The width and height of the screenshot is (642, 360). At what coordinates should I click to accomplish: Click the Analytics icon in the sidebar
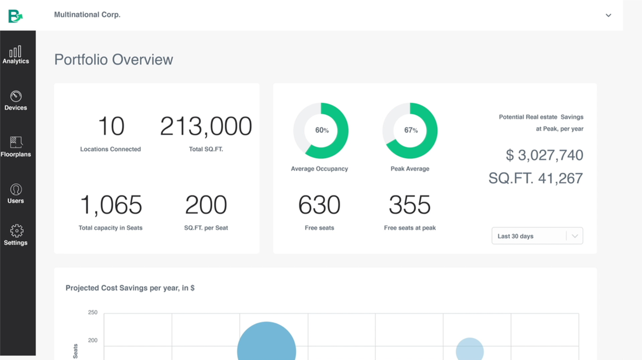pyautogui.click(x=16, y=52)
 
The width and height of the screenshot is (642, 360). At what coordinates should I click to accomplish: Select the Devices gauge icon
pyautogui.click(x=16, y=96)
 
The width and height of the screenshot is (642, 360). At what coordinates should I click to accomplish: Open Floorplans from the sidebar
pyautogui.click(x=16, y=143)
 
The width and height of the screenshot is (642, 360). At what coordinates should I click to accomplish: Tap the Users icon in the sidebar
pyautogui.click(x=16, y=190)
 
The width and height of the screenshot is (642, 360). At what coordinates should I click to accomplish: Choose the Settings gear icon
pyautogui.click(x=16, y=231)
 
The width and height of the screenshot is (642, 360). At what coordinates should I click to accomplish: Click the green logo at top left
pyautogui.click(x=15, y=16)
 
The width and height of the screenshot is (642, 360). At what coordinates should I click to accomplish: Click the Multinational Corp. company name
pyautogui.click(x=87, y=15)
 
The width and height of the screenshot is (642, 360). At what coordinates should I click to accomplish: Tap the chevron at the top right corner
pyautogui.click(x=608, y=15)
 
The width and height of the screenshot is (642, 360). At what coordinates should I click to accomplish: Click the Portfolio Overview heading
pyautogui.click(x=114, y=60)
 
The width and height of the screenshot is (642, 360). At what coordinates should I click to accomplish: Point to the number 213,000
pyautogui.click(x=205, y=126)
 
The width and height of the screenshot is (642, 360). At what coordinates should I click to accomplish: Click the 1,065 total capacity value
pyautogui.click(x=110, y=205)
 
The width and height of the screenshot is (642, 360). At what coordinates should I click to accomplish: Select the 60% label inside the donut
pyautogui.click(x=322, y=131)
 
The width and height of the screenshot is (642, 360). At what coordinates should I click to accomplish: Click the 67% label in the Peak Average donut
pyautogui.click(x=410, y=131)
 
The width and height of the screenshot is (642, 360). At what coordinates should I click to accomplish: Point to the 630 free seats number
pyautogui.click(x=319, y=205)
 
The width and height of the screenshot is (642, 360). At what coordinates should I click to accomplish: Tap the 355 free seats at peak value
pyautogui.click(x=410, y=205)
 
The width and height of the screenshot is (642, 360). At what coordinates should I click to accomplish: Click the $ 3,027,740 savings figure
pyautogui.click(x=544, y=155)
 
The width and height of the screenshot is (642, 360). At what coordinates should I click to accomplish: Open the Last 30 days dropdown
pyautogui.click(x=537, y=236)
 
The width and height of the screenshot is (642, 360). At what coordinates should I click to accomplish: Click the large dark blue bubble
pyautogui.click(x=266, y=347)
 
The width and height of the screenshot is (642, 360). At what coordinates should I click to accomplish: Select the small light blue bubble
pyautogui.click(x=470, y=350)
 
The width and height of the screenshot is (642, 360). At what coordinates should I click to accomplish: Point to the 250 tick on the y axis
pyautogui.click(x=92, y=313)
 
